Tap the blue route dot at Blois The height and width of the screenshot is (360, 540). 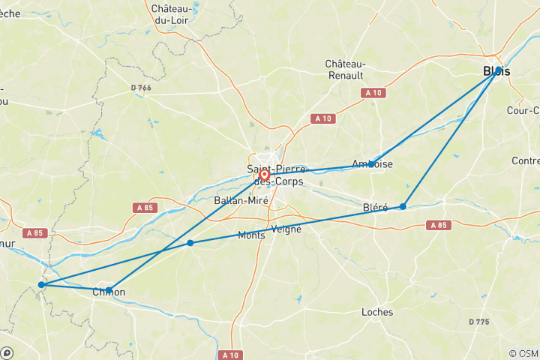[x=498, y=70]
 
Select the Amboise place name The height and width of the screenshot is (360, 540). [x=371, y=164]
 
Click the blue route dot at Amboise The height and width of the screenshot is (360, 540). [x=371, y=163]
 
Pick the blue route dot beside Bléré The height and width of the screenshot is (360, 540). [x=403, y=206]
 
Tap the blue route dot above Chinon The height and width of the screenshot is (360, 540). [x=109, y=289]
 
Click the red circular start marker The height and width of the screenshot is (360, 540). [x=264, y=174]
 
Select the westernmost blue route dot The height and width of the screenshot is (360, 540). [x=41, y=284]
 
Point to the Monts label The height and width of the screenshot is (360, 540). [x=250, y=235]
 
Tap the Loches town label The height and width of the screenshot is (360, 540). [x=376, y=312]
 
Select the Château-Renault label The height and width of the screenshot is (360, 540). [x=345, y=70]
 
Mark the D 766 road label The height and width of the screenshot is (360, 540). [x=140, y=88]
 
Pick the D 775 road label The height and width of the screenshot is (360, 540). [x=480, y=322]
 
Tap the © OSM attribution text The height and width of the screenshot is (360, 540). [x=523, y=353]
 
